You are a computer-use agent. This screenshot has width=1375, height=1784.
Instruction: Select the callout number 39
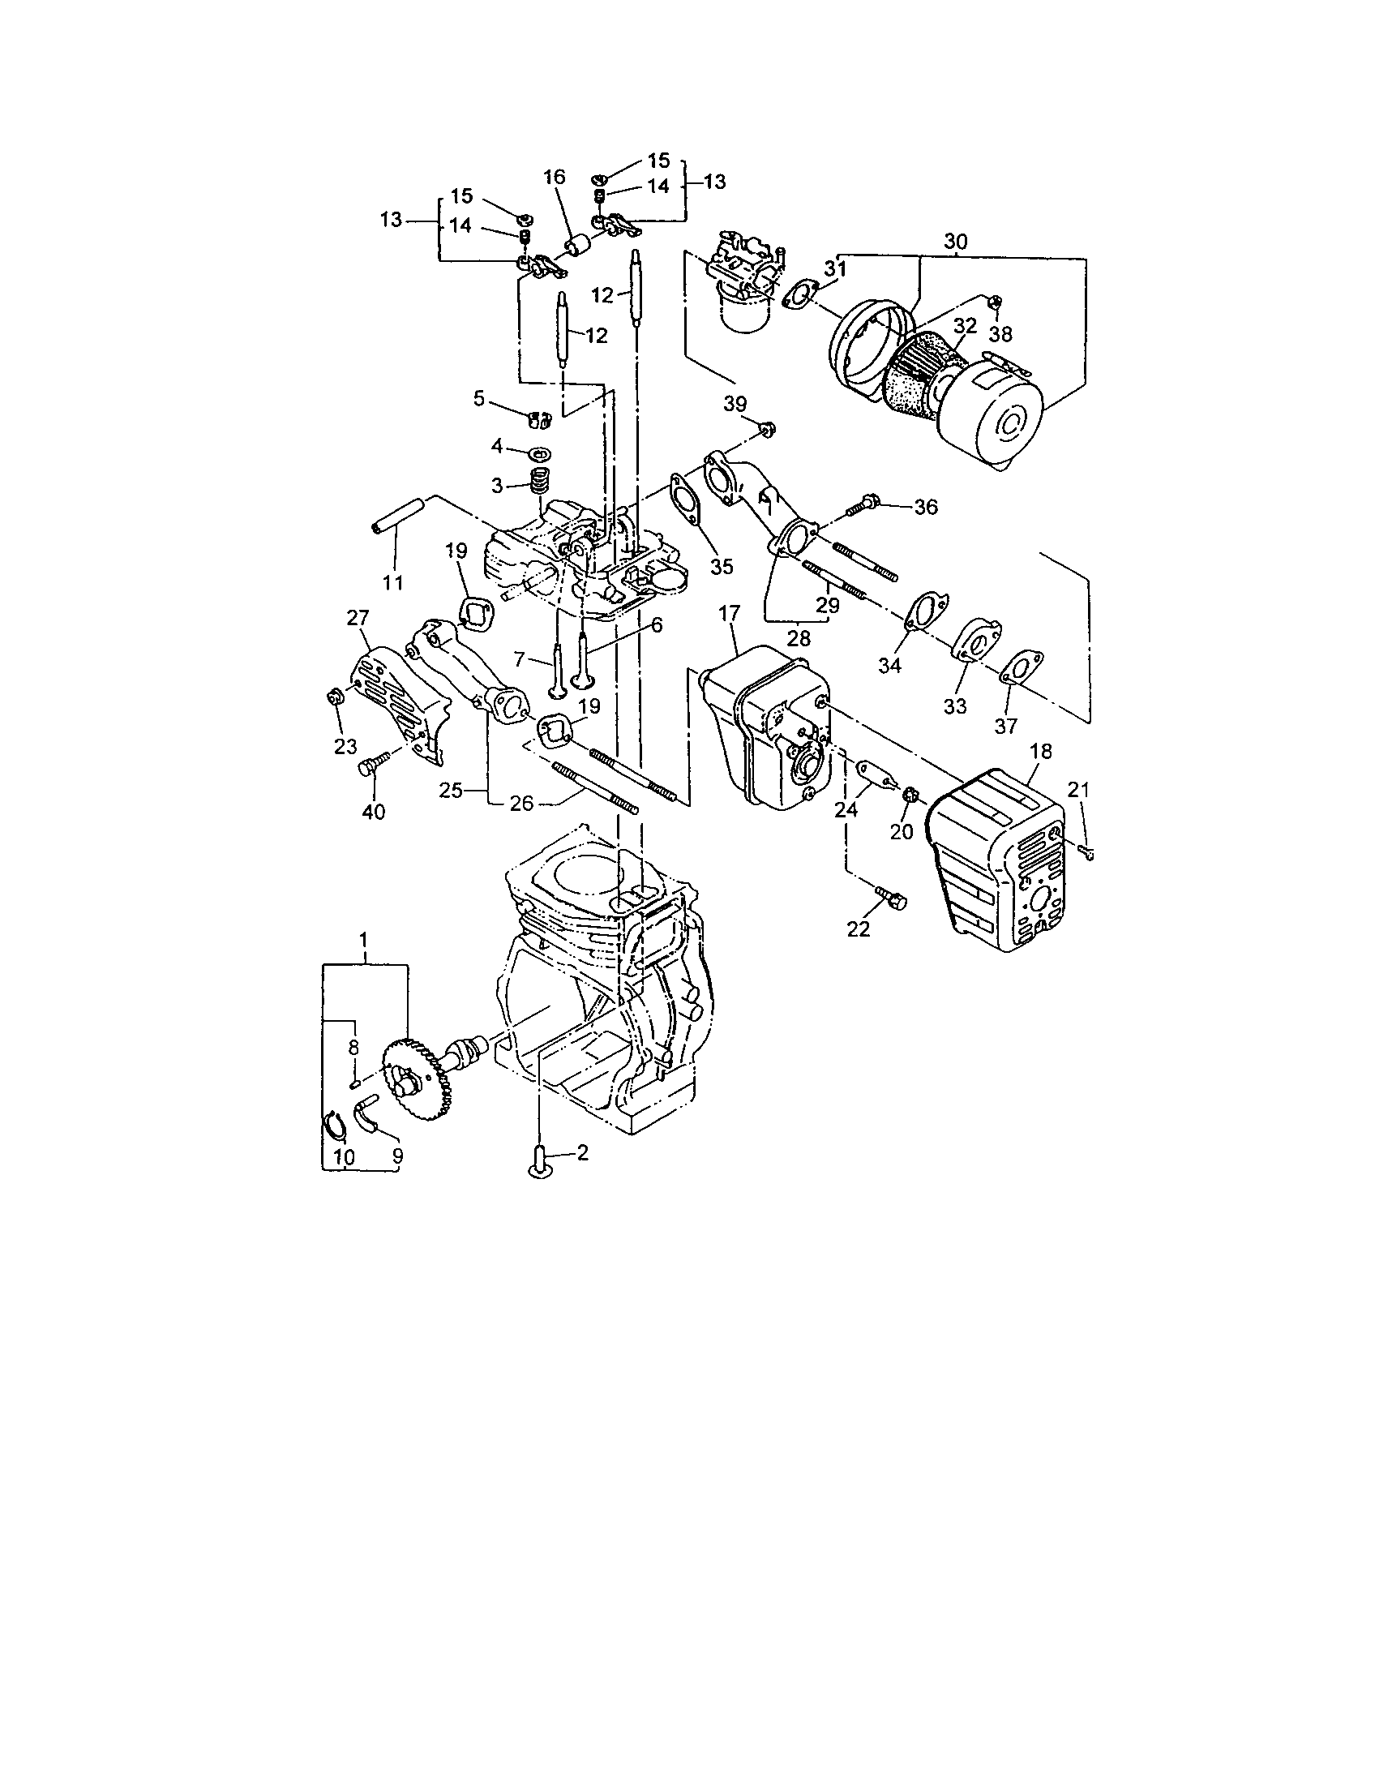735,404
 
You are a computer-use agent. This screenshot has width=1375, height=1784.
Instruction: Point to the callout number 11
392,582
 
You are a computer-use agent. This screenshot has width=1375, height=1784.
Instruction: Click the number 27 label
358,618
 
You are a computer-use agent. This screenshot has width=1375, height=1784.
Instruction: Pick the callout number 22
859,928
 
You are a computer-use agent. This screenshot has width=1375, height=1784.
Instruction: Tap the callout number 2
582,1152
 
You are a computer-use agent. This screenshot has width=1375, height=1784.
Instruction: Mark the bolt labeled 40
368,767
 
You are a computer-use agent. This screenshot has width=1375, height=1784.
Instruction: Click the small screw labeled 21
1087,852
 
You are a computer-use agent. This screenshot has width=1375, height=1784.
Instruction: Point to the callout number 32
965,325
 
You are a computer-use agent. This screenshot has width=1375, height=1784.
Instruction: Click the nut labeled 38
994,303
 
